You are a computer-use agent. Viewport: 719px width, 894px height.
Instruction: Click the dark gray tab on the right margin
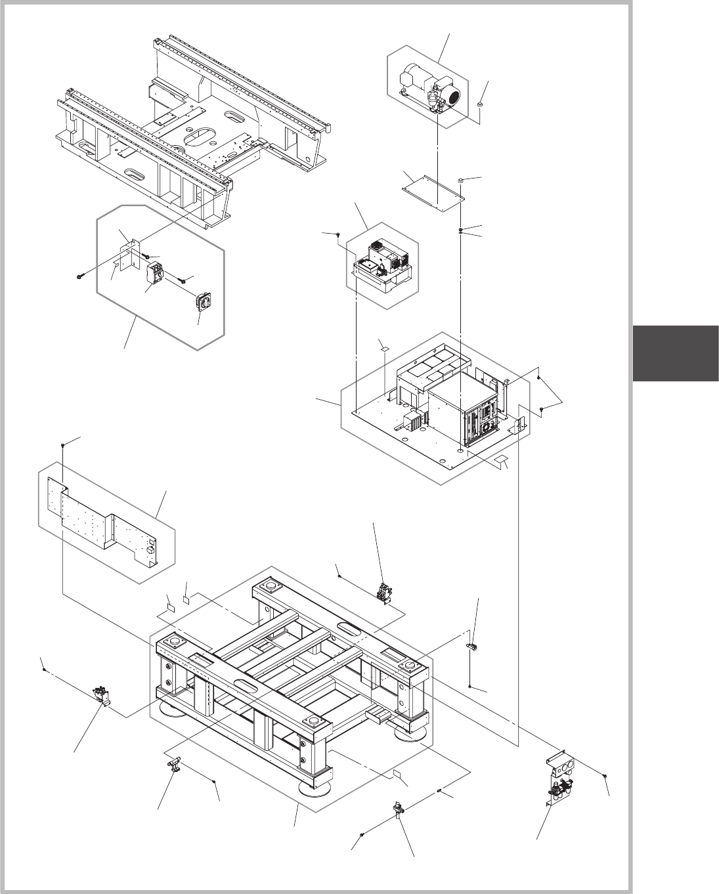point(676,353)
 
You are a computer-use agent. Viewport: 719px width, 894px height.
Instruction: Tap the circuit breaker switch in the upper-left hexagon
point(156,275)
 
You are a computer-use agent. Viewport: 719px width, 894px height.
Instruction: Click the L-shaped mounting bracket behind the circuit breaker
point(131,253)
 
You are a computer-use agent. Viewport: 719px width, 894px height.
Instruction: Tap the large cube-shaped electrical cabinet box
point(460,410)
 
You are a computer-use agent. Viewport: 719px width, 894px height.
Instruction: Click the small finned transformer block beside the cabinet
point(415,422)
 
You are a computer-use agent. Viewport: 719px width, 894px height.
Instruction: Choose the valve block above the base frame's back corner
point(383,591)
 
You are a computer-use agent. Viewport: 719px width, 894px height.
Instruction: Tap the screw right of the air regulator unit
point(604,777)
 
